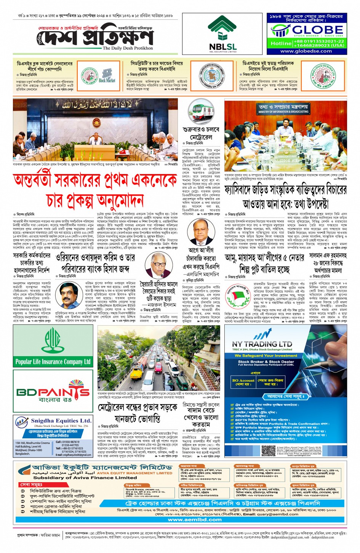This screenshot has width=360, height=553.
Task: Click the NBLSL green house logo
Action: [222, 30]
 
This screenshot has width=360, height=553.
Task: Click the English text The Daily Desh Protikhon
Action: [128, 48]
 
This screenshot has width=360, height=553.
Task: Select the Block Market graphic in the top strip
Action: [107, 76]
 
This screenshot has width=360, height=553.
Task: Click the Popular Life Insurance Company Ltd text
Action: [53, 361]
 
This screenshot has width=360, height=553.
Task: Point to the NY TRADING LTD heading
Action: [262, 344]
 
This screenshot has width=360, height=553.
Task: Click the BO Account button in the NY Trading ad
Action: [243, 382]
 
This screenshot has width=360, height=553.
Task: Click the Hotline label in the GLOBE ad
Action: [281, 43]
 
